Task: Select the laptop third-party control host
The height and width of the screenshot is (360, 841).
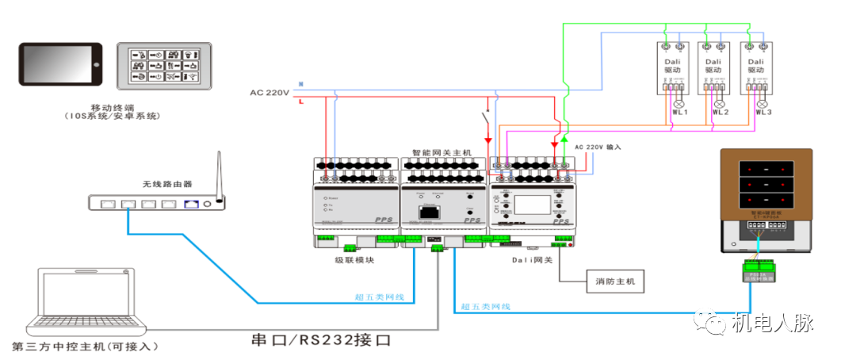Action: [x=83, y=302]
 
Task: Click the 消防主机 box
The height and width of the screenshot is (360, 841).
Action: [x=615, y=281]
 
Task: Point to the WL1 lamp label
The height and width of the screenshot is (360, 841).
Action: [x=679, y=113]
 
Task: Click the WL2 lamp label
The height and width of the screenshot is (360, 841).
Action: [x=720, y=113]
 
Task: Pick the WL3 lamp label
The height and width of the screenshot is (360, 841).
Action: [x=763, y=113]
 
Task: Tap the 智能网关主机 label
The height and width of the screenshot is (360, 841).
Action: [x=441, y=151]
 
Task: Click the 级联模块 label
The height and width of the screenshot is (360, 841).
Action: [x=354, y=259]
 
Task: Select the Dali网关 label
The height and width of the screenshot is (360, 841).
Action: [x=530, y=259]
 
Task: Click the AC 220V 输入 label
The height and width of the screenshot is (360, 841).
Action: [x=598, y=147]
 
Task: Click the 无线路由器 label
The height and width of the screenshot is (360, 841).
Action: [x=167, y=184]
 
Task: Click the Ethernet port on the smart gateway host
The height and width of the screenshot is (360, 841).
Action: [x=430, y=212]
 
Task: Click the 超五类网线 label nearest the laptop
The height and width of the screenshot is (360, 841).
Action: [x=379, y=297]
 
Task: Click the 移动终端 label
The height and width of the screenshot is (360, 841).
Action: [x=113, y=108]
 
